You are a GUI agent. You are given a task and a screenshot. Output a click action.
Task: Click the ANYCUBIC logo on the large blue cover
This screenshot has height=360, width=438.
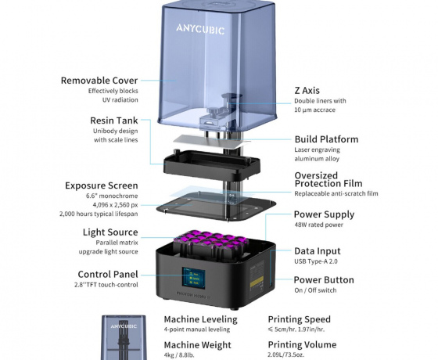[200, 29]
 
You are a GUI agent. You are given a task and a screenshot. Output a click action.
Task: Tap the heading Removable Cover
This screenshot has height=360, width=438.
[99, 81]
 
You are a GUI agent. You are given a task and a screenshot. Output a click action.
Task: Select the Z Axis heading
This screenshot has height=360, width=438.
[307, 91]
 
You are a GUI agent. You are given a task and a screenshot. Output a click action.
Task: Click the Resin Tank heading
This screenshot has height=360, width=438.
[114, 121]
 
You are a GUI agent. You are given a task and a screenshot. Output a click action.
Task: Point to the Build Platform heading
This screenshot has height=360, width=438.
[327, 139]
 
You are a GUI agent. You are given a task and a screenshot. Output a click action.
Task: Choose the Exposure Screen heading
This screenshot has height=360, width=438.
[102, 185]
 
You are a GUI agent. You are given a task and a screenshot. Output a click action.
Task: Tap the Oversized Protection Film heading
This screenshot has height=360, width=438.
[328, 179]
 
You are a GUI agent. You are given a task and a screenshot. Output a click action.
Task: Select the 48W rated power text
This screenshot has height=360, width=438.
[319, 225]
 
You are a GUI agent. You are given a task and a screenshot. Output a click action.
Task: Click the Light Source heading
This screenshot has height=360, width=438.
[110, 232]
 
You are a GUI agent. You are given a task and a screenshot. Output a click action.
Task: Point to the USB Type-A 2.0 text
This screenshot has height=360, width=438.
[316, 261]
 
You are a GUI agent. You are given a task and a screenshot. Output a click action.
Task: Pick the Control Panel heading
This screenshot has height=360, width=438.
[108, 274]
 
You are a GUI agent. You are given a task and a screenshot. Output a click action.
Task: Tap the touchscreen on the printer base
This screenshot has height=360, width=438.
[193, 278]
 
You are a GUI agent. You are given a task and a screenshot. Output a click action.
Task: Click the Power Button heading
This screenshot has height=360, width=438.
[324, 280]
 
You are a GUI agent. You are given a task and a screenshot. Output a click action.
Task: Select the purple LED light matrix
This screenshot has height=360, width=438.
[211, 240]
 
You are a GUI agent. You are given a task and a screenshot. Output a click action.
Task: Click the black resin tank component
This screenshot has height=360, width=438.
[212, 165]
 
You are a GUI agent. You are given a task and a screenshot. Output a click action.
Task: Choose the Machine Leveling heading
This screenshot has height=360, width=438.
[200, 319]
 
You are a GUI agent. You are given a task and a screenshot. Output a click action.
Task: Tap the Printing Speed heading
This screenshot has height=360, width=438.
[299, 319]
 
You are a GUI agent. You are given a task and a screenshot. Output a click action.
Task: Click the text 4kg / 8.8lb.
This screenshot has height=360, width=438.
[179, 355]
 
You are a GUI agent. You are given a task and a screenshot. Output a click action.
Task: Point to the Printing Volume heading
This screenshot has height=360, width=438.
[302, 344]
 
